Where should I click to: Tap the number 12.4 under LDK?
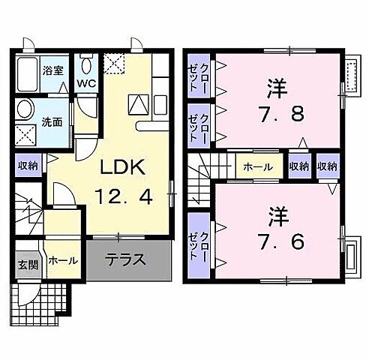(x=124, y=198)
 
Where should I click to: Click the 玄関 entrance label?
(x=24, y=264)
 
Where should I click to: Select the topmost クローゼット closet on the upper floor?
(x=198, y=76)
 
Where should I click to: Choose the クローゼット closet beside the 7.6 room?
(x=198, y=242)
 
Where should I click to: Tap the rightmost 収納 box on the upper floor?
(x=326, y=166)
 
